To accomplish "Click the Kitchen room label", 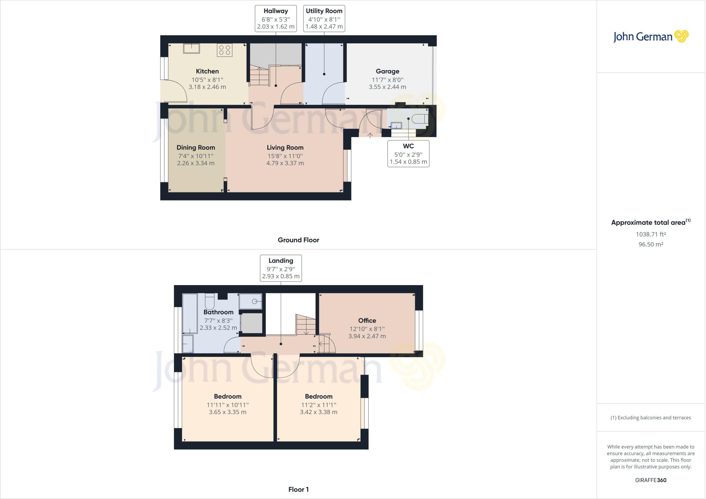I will pyautogui.click(x=207, y=71).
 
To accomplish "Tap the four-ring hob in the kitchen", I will pyautogui.click(x=224, y=50).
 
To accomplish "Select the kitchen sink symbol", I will pyautogui.click(x=191, y=48).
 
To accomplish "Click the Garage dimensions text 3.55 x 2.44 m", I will pyautogui.click(x=387, y=87).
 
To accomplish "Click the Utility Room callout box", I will pyautogui.click(x=324, y=19).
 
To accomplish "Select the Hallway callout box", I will pyautogui.click(x=276, y=19).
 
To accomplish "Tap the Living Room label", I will pyautogui.click(x=285, y=148).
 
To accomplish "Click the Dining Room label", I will pyautogui.click(x=196, y=148).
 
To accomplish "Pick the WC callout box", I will pyautogui.click(x=408, y=154).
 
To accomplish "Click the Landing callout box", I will pyautogui.click(x=281, y=268).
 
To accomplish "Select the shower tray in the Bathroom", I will pyautogui.click(x=251, y=301).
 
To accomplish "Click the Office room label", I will pyautogui.click(x=367, y=321).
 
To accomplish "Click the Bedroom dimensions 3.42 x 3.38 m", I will pyautogui.click(x=319, y=412).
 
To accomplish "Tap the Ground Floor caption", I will pyautogui.click(x=299, y=240).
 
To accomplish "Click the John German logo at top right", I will pyautogui.click(x=650, y=37).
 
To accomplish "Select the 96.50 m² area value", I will pyautogui.click(x=650, y=244).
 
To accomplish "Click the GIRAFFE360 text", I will pyautogui.click(x=650, y=480).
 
